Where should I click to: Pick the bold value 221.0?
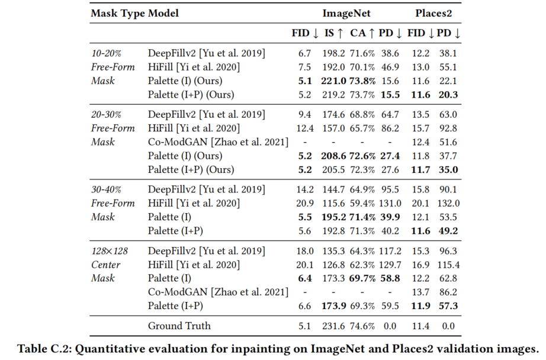click(x=334, y=81)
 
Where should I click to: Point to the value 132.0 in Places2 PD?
click(x=448, y=203)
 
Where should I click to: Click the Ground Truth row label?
click(x=179, y=325)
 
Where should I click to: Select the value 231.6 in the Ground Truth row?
click(x=334, y=325)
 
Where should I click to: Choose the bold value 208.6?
click(x=334, y=156)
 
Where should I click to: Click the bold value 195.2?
click(x=334, y=217)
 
